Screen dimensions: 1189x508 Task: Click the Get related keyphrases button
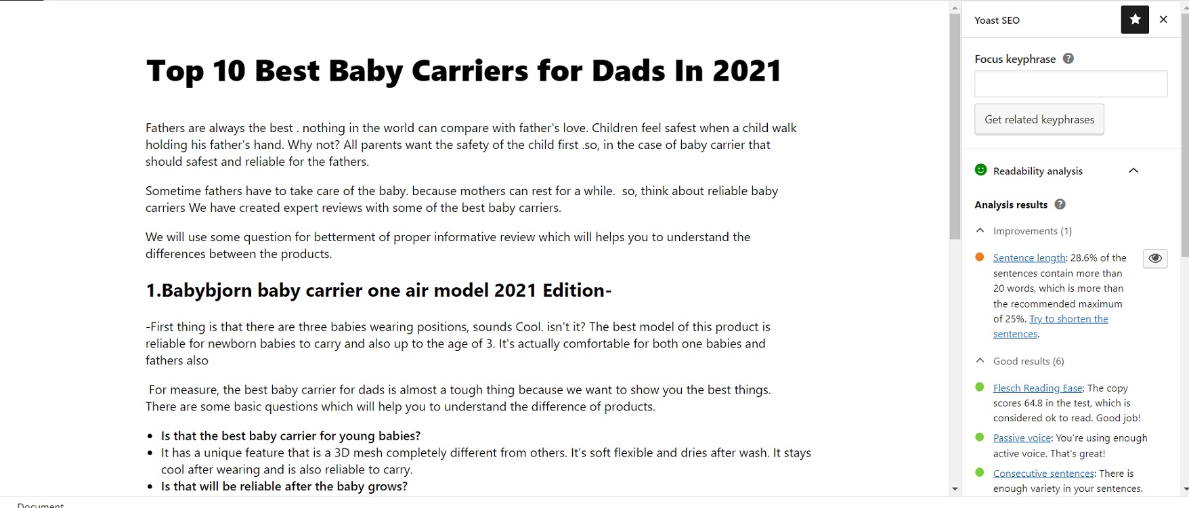pyautogui.click(x=1039, y=119)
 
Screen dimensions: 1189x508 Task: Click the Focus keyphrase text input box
pyautogui.click(x=1071, y=84)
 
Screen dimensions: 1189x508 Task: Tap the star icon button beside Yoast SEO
pyautogui.click(x=1136, y=20)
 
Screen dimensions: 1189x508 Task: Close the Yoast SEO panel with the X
pyautogui.click(x=1163, y=20)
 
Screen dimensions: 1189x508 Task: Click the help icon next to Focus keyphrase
pyautogui.click(x=1068, y=59)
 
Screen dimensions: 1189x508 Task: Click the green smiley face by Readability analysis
pyautogui.click(x=980, y=170)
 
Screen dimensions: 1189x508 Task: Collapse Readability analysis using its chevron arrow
pyautogui.click(x=1133, y=171)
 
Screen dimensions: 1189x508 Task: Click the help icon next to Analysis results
pyautogui.click(x=1060, y=205)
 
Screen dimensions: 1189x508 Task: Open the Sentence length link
pyautogui.click(x=1029, y=258)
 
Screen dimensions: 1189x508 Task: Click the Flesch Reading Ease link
pyautogui.click(x=1038, y=388)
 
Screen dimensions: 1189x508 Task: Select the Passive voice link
pyautogui.click(x=1022, y=438)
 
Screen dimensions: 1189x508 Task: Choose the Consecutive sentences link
pyautogui.click(x=1043, y=473)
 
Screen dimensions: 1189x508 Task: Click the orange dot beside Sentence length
pyautogui.click(x=980, y=257)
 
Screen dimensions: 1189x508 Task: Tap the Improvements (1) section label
pyautogui.click(x=1033, y=231)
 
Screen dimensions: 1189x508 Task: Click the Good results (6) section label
pyautogui.click(x=1029, y=361)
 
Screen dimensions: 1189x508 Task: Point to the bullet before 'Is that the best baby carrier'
pyautogui.click(x=150, y=437)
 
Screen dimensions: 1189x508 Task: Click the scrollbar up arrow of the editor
pyautogui.click(x=955, y=8)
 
